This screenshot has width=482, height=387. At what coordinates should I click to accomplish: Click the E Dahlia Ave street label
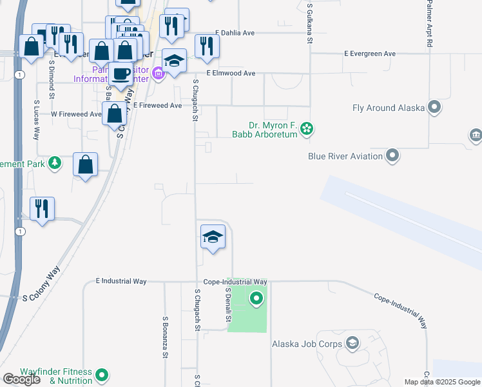(x=236, y=32)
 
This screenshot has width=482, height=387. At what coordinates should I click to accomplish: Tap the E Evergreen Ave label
(x=370, y=54)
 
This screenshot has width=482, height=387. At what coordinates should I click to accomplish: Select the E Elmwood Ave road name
(x=231, y=74)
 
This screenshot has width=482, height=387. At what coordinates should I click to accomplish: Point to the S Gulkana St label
(x=310, y=22)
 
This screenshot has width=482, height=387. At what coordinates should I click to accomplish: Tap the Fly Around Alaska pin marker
(x=435, y=107)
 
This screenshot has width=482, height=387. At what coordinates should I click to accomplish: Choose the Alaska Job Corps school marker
(x=352, y=344)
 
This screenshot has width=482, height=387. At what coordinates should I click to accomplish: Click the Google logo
(x=21, y=379)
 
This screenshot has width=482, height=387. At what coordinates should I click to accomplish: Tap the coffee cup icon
(x=120, y=73)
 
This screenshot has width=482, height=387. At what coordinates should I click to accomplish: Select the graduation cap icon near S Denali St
(x=212, y=236)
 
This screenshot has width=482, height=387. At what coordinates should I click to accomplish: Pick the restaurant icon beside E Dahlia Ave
(x=207, y=45)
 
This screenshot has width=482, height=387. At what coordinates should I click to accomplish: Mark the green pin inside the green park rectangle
(x=256, y=299)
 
